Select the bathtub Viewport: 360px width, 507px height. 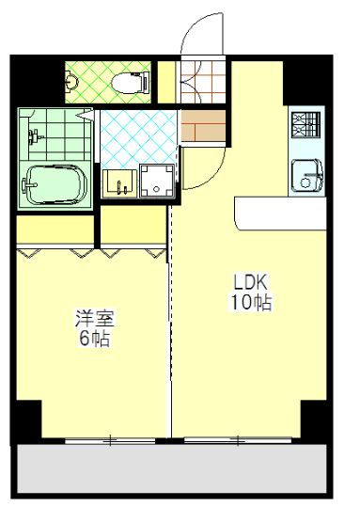[x=55, y=182]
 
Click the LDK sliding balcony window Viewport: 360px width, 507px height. [x=240, y=439]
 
